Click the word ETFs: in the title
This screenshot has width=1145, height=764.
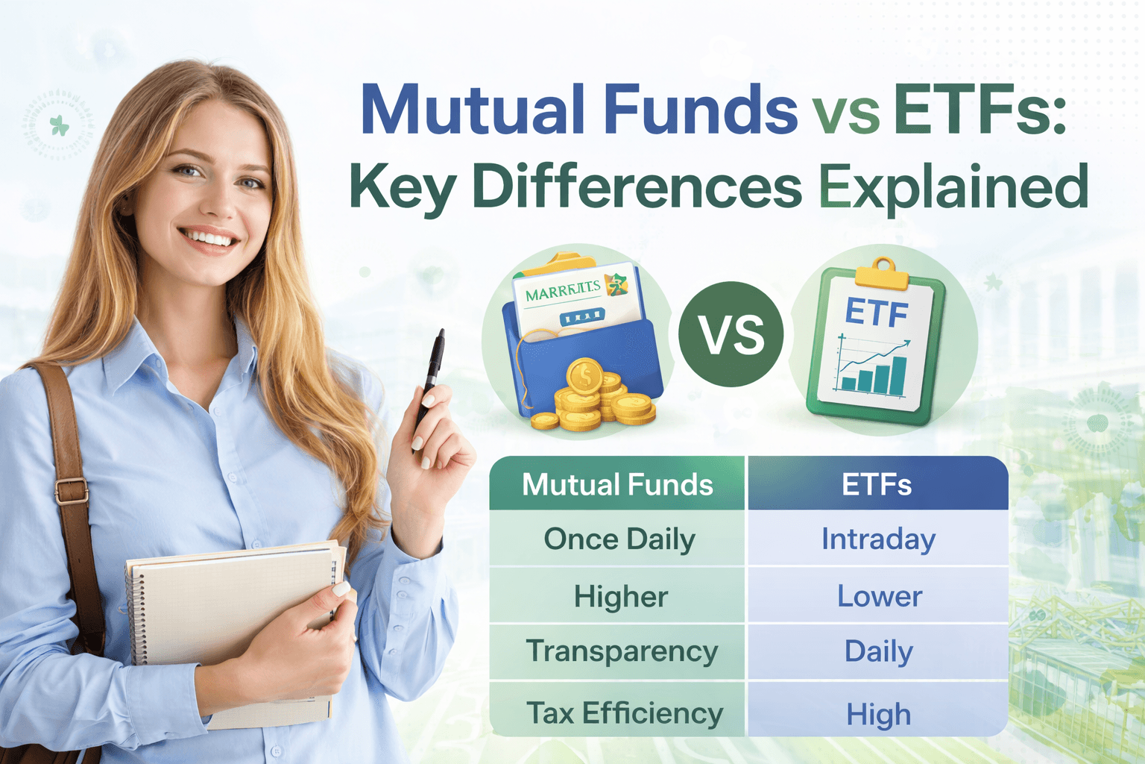pyautogui.click(x=980, y=110)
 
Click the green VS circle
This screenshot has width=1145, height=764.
pyautogui.click(x=731, y=334)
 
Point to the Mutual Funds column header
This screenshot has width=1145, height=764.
pyautogui.click(x=617, y=485)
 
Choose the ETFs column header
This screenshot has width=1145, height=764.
pyautogui.click(x=877, y=485)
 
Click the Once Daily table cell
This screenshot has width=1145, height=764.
pyautogui.click(x=619, y=539)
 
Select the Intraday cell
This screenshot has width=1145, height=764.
pyautogui.click(x=878, y=539)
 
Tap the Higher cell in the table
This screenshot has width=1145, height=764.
pyautogui.click(x=620, y=597)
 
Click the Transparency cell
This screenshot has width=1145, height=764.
pyautogui.click(x=622, y=651)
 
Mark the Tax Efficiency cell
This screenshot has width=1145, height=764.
pyautogui.click(x=625, y=713)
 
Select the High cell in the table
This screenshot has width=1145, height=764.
pyautogui.click(x=878, y=715)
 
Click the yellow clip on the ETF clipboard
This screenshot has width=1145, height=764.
pyautogui.click(x=883, y=273)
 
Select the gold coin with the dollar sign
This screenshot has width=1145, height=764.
pyautogui.click(x=585, y=375)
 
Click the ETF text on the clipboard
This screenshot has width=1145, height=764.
pyautogui.click(x=877, y=313)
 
